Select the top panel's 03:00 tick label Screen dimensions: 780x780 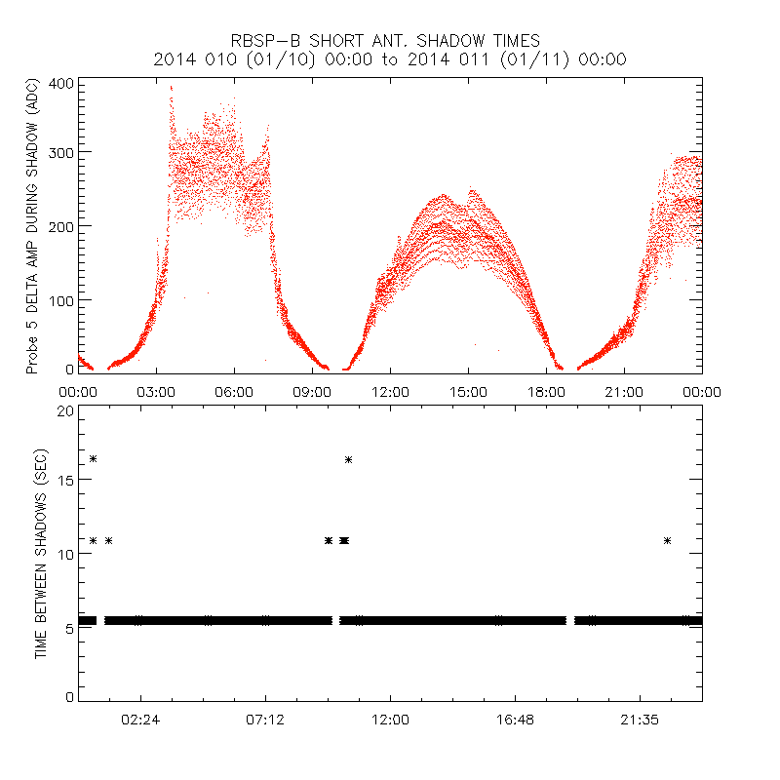tap(156, 392)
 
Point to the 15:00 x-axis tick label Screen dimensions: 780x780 tap(468, 392)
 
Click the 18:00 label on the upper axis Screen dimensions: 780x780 tap(546, 392)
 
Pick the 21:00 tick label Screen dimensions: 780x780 tap(624, 392)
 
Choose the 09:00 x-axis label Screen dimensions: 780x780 tap(312, 392)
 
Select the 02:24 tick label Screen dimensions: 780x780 tap(140, 720)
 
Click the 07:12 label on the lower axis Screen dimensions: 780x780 tap(265, 720)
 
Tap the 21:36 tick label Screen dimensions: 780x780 tap(640, 720)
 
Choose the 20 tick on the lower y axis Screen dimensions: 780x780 tap(64, 410)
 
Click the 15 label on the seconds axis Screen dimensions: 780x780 tap(64, 482)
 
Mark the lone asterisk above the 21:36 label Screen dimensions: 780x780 tap(667, 540)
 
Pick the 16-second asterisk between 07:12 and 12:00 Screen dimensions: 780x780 tap(348, 459)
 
